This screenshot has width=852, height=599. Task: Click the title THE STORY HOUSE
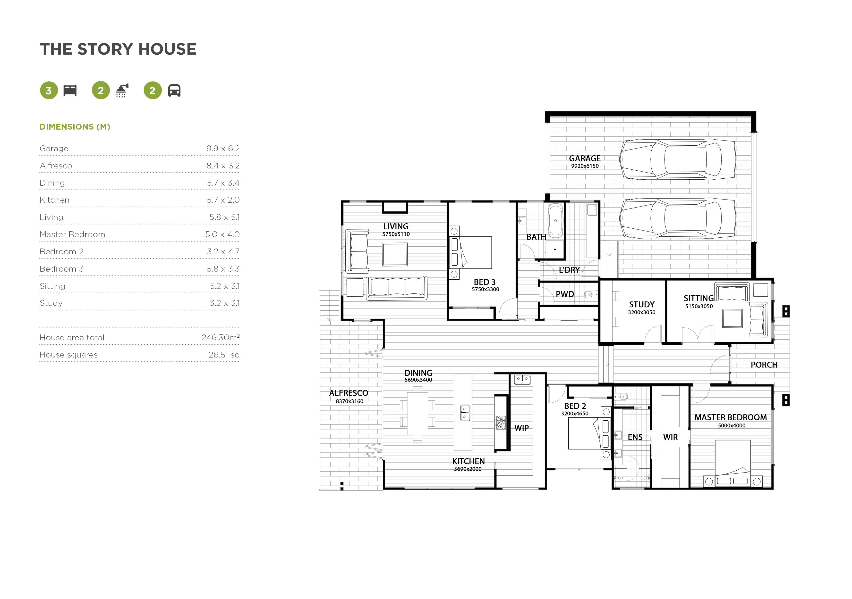tap(118, 49)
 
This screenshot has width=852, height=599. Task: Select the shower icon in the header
tap(122, 91)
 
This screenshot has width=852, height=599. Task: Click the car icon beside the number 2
tap(174, 91)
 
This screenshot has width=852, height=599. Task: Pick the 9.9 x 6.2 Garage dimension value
tap(223, 148)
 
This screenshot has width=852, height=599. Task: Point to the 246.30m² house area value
tap(221, 338)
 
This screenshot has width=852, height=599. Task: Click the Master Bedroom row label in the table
tap(72, 234)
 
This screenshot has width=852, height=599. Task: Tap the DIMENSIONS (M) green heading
tap(75, 127)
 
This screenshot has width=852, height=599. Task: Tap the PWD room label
tap(564, 294)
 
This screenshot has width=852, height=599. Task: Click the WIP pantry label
tap(521, 428)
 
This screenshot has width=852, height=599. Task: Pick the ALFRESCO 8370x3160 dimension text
tap(349, 401)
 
